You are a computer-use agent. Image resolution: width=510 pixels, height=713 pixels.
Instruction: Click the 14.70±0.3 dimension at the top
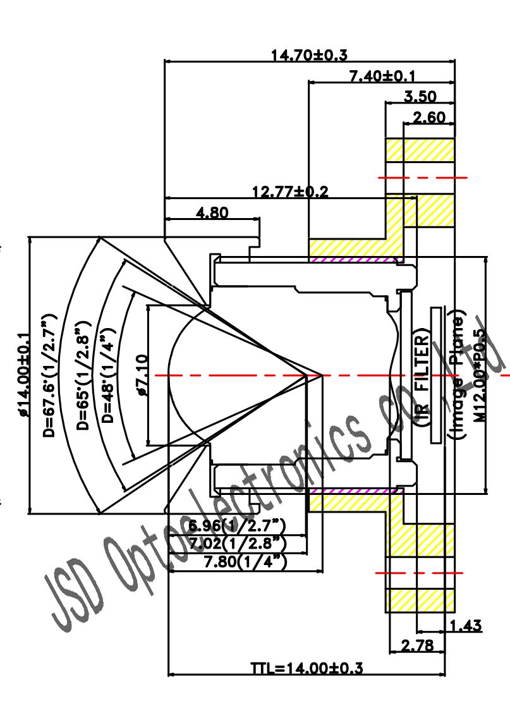tap(309, 55)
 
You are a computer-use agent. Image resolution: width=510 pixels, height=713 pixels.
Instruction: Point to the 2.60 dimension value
tap(429, 118)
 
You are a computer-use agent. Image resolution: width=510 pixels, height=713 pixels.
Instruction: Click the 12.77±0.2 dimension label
tap(290, 192)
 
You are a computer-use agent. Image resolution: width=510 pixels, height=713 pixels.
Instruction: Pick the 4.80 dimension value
tap(212, 212)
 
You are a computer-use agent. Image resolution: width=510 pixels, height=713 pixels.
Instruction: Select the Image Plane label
tap(458, 375)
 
